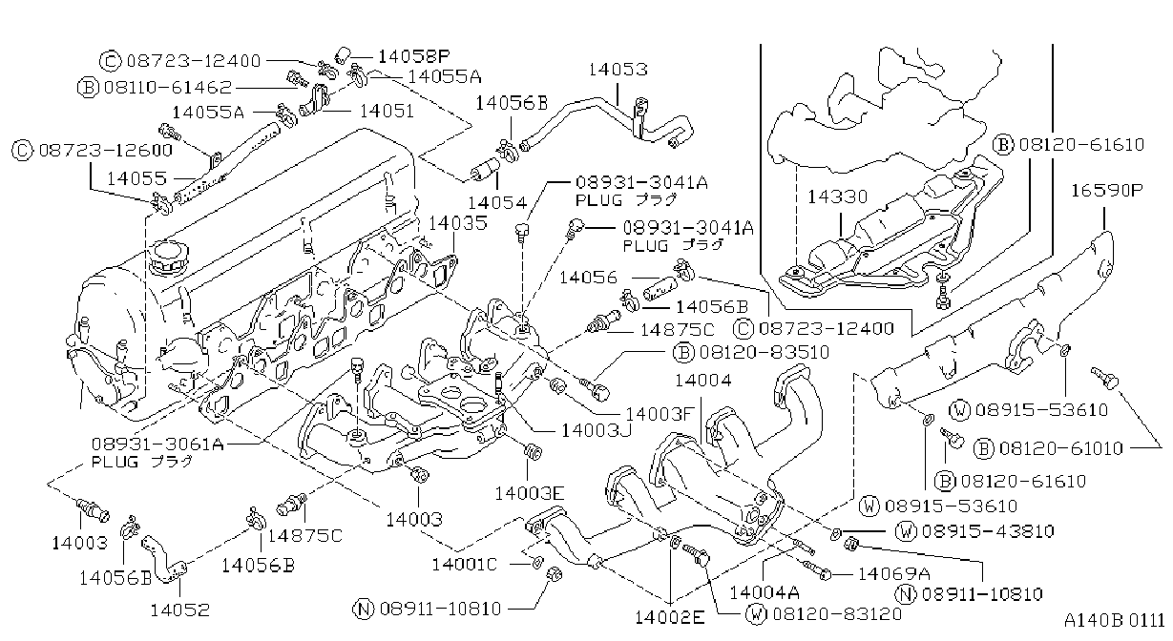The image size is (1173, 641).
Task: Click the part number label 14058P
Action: [414, 56]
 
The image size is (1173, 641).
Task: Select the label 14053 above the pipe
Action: [618, 70]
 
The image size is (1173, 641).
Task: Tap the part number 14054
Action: [497, 202]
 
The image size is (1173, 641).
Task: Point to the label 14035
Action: [458, 223]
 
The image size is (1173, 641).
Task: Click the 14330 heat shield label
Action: [837, 196]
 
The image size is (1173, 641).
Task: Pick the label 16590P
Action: [1106, 191]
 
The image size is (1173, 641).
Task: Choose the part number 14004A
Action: [765, 592]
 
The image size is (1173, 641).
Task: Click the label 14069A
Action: [893, 574]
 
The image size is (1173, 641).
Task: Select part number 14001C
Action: [464, 565]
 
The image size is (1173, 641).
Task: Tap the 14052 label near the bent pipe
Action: [179, 610]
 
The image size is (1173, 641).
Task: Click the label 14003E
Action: [530, 493]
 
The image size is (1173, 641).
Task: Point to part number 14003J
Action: [597, 430]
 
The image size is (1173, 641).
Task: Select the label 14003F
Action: [660, 414]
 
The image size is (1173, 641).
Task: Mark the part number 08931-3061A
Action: [157, 445]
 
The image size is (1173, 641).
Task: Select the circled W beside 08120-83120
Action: [756, 613]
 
